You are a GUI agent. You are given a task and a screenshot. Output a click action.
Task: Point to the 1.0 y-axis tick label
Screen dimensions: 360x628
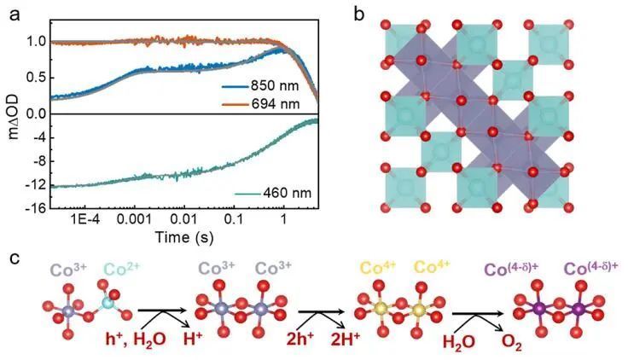coord(35,40)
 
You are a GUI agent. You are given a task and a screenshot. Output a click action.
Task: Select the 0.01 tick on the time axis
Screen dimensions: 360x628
coord(183,219)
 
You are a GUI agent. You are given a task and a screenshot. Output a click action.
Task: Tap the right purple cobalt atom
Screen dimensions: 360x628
coord(579,308)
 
